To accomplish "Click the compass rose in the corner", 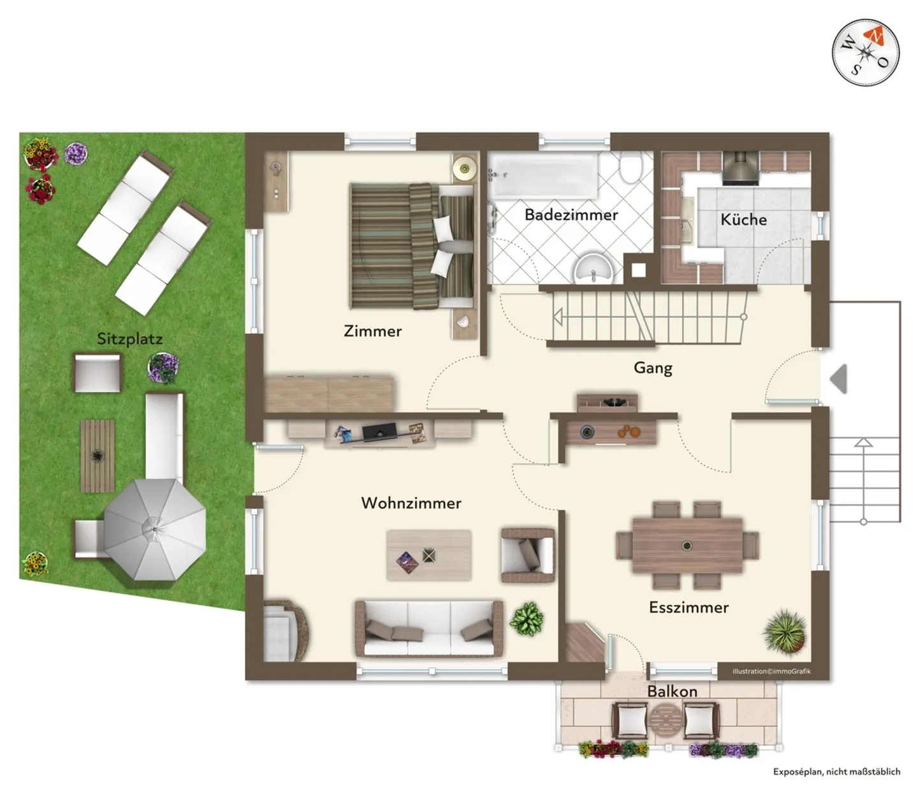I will click(x=865, y=52).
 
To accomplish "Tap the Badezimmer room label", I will click(x=571, y=215).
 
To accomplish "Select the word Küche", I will click(x=743, y=220).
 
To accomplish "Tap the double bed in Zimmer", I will click(x=411, y=246).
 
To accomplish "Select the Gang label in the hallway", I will click(x=652, y=368).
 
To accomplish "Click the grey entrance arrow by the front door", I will click(x=839, y=379).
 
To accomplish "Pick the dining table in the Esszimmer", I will click(x=687, y=546).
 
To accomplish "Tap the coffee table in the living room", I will click(x=429, y=555).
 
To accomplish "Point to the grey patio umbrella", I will click(x=155, y=529).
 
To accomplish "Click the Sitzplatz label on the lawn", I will click(x=129, y=339).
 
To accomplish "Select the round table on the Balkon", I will click(x=666, y=720).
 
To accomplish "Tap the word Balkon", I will click(x=672, y=691).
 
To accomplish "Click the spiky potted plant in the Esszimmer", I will click(x=785, y=631).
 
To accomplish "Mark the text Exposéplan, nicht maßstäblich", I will click(x=836, y=771).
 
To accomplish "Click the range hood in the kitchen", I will click(x=739, y=168).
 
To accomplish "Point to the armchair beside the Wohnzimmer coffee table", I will click(x=527, y=554).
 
